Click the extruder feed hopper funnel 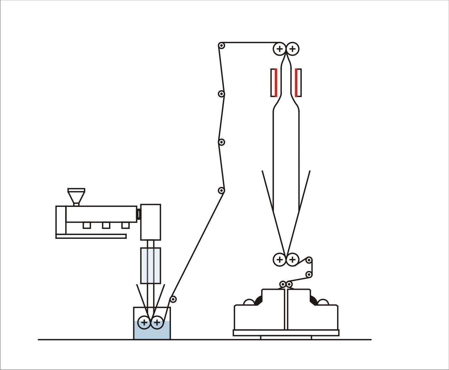[x=76, y=195]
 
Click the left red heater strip [x=276, y=83]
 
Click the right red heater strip [x=296, y=83]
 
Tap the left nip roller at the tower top [x=280, y=49]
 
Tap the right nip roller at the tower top [x=293, y=49]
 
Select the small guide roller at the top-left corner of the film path [x=221, y=45]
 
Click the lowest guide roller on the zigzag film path [x=221, y=190]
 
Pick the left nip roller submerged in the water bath [x=144, y=322]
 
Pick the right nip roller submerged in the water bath [x=157, y=322]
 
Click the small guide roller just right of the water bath [x=173, y=299]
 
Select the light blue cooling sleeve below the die [x=151, y=265]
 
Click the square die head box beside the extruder [x=151, y=222]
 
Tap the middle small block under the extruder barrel [x=106, y=225]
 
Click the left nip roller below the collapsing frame [x=280, y=259]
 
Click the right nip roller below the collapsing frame [x=292, y=259]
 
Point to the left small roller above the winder [x=283, y=284]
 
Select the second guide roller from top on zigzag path [x=221, y=94]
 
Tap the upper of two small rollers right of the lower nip [x=309, y=260]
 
